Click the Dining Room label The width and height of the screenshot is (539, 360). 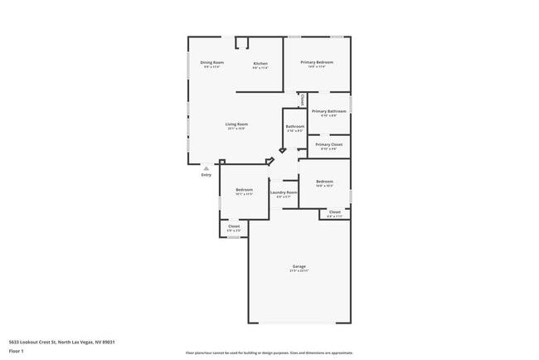click(x=212, y=63)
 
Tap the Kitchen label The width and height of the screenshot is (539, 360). click(x=260, y=64)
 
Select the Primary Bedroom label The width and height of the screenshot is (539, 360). click(x=318, y=63)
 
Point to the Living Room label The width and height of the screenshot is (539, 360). click(x=237, y=124)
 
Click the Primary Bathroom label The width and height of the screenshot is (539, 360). click(x=328, y=111)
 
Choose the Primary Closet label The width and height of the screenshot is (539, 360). click(x=328, y=144)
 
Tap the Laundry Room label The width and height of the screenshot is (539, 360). click(x=284, y=192)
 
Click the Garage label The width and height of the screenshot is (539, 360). click(x=299, y=266)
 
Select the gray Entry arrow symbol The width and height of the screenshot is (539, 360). click(x=206, y=168)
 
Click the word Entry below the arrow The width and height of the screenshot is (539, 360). click(x=206, y=175)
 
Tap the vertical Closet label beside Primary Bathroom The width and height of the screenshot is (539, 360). click(x=303, y=100)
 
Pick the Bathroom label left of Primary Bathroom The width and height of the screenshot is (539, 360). click(x=295, y=127)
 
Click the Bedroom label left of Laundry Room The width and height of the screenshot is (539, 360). click(x=244, y=189)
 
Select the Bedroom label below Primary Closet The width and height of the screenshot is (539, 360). click(x=324, y=182)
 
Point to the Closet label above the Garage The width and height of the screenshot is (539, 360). click(x=334, y=212)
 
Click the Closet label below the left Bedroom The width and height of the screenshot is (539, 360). click(x=234, y=226)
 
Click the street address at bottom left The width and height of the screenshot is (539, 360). click(x=61, y=342)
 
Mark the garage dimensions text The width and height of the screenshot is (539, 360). click(x=299, y=271)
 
